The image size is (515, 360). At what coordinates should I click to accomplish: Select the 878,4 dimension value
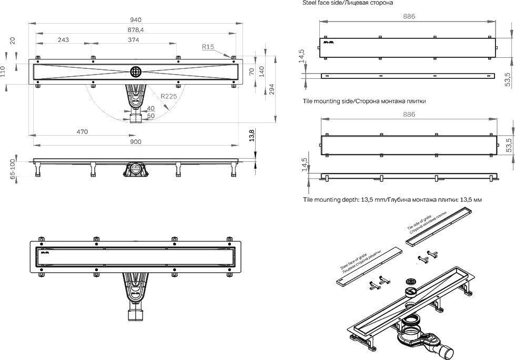135,29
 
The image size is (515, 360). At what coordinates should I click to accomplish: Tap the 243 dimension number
63,40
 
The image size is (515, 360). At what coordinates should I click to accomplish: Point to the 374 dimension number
134,40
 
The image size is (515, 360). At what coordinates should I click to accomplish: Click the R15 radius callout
208,47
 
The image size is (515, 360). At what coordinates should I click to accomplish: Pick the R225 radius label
169,96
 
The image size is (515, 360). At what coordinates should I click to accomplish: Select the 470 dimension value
82,131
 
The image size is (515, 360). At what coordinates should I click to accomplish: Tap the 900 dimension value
135,141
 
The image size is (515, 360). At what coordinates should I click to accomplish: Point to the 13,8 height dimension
252,136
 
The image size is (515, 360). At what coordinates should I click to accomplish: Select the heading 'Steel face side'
347,3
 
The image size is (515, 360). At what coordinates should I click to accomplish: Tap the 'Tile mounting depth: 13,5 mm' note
392,200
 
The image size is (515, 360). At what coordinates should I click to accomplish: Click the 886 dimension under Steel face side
409,16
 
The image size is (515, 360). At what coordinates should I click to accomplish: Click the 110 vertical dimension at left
5,70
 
